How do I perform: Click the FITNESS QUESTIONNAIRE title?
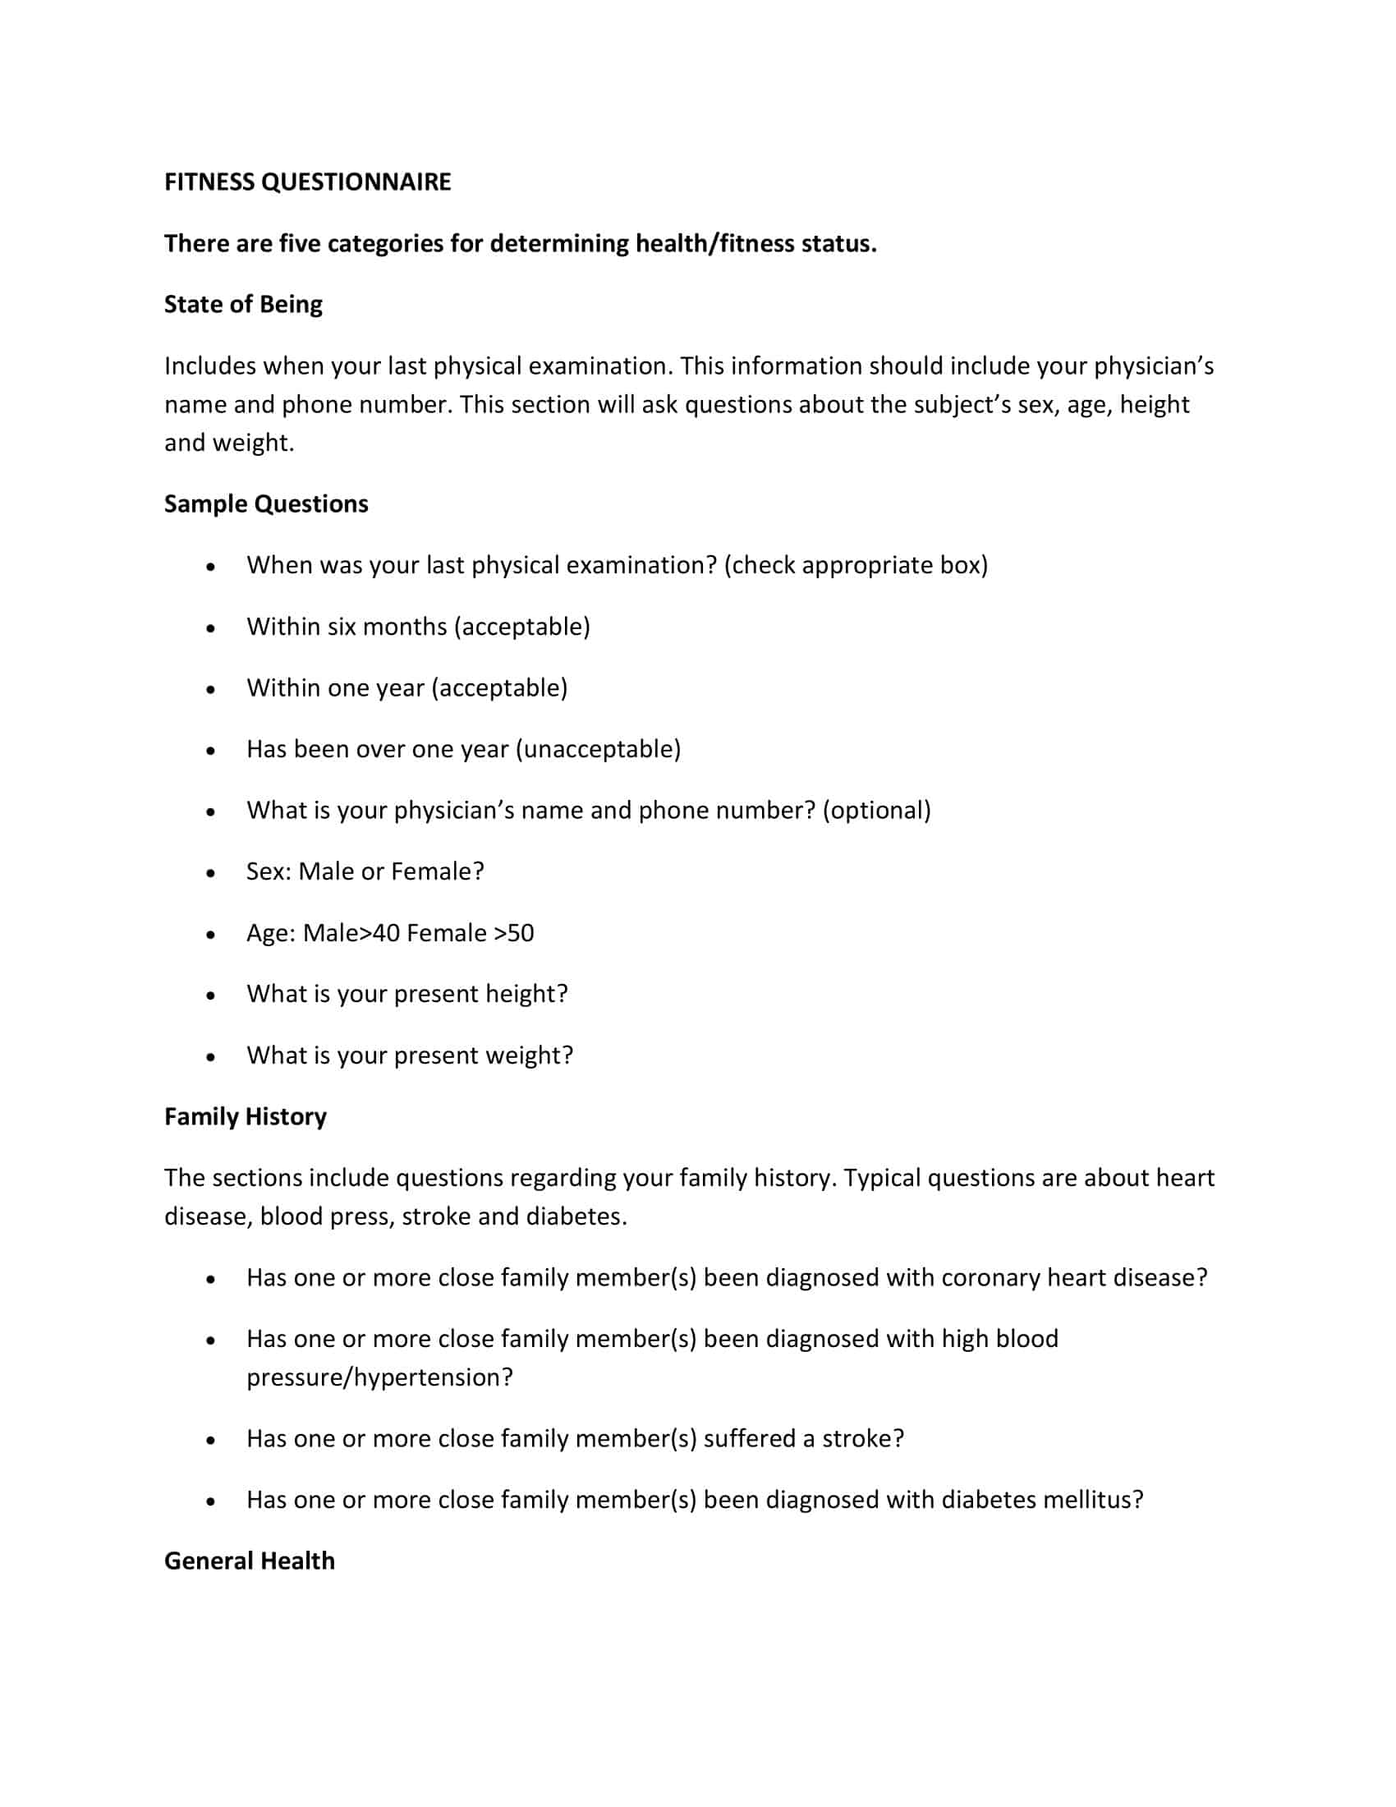click(x=307, y=182)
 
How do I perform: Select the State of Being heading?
click(x=243, y=305)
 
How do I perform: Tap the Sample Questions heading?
click(x=265, y=503)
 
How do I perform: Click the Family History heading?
click(x=245, y=1117)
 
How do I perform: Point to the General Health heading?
click(x=249, y=1561)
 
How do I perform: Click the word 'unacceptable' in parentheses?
click(x=598, y=750)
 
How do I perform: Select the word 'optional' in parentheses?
click(x=877, y=811)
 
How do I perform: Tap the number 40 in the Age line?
click(x=386, y=933)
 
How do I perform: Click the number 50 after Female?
click(x=520, y=933)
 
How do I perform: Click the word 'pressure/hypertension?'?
click(x=379, y=1377)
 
